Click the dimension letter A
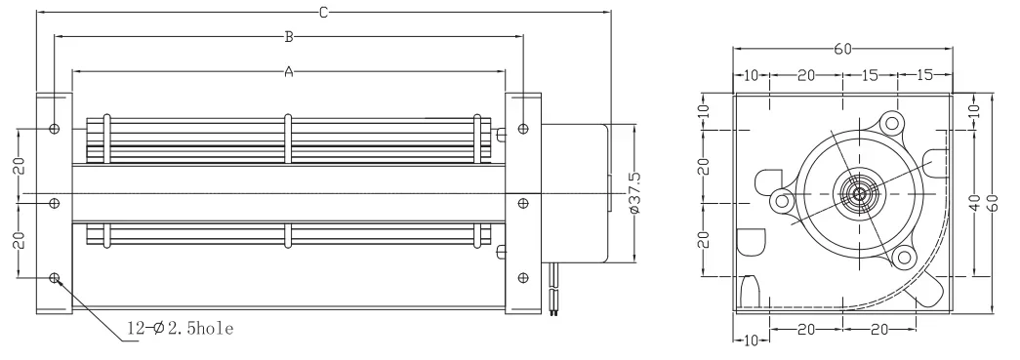point(289,71)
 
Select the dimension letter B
point(289,37)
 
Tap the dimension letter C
point(323,13)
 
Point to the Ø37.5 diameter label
point(634,193)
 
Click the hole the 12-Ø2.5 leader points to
point(55,278)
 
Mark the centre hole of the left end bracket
point(55,203)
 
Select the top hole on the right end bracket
point(523,129)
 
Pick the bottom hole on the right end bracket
point(523,278)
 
